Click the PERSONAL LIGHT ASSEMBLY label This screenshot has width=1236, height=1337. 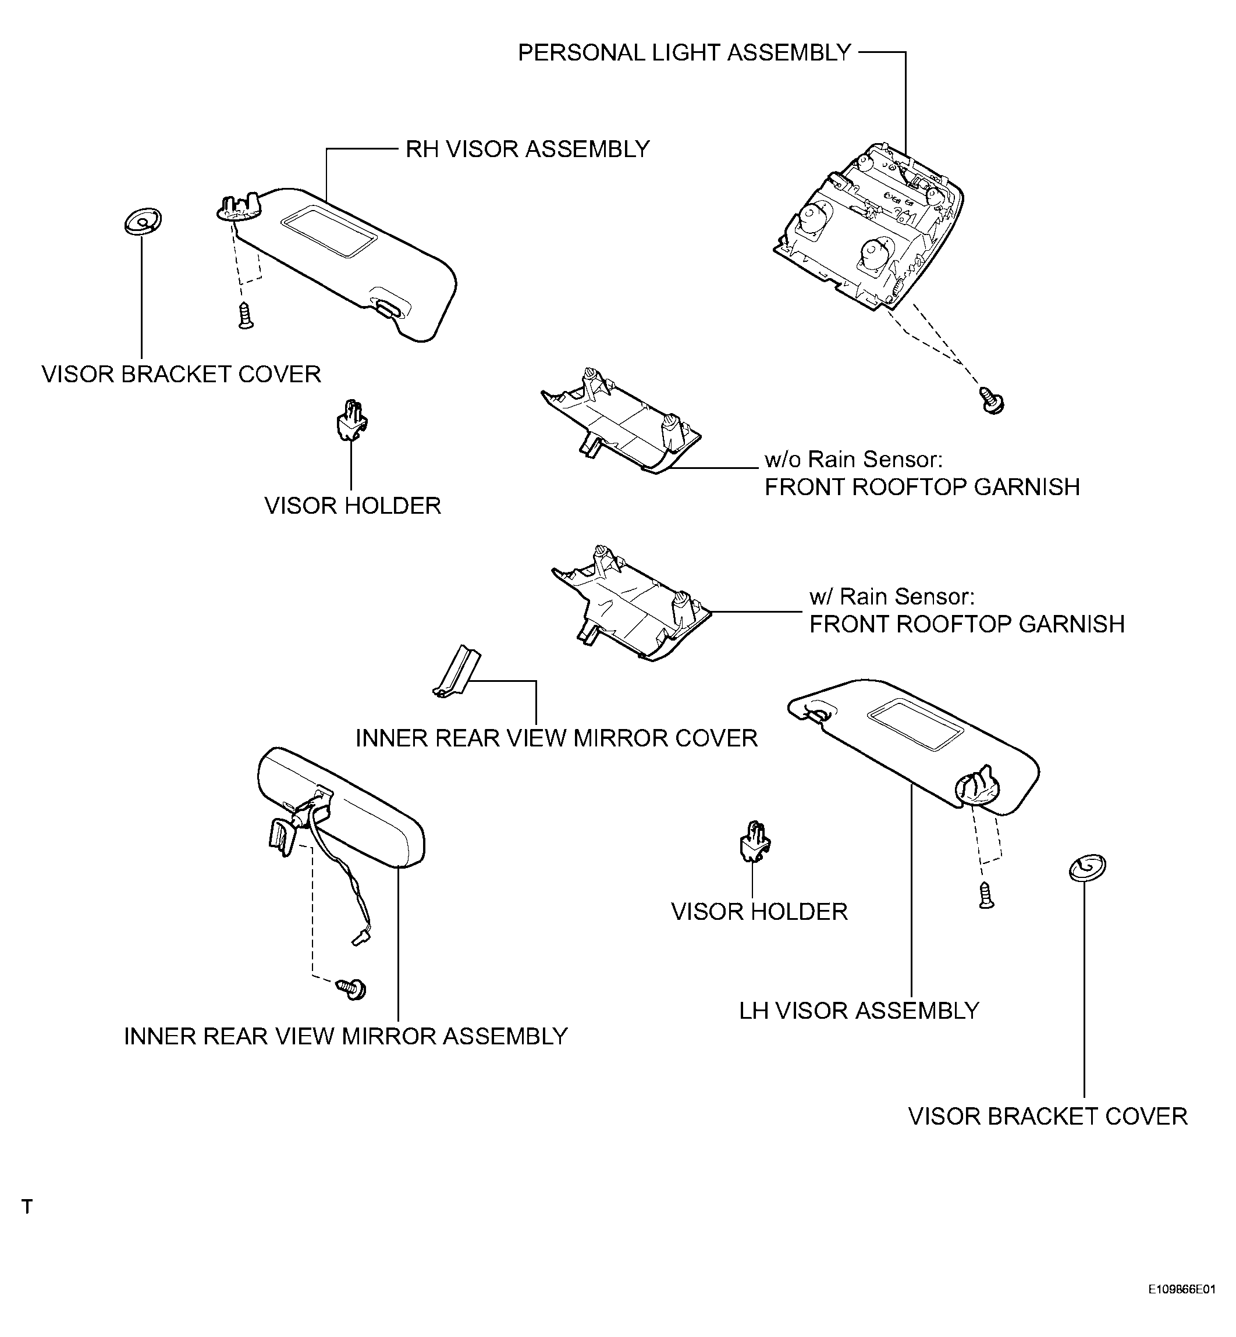coord(684,53)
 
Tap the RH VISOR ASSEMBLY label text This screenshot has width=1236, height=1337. coord(528,149)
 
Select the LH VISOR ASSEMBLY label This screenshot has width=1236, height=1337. coord(859,1011)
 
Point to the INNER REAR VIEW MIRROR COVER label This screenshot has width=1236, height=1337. coord(556,738)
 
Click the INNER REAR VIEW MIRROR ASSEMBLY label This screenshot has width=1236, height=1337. coord(346,1036)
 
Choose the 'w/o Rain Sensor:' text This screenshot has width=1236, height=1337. coord(854,460)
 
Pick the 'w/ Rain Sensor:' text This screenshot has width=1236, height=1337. coord(892,596)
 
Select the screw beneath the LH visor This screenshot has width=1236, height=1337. coord(986,895)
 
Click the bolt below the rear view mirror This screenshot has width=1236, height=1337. coord(353,988)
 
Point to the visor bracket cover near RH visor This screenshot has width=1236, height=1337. coord(143,222)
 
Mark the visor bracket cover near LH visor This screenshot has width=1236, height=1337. coord(1088,867)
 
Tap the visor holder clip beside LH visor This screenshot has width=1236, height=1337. coord(754,841)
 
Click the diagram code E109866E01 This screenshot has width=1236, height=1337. coord(1182,1307)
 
